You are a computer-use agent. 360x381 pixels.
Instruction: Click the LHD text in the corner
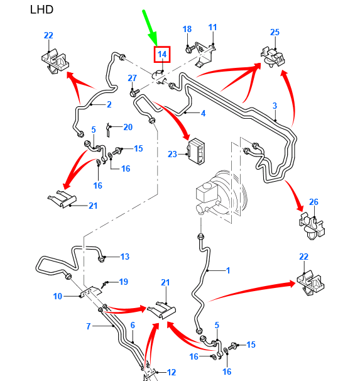point(41,9)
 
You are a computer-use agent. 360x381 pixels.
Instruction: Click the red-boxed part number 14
point(162,54)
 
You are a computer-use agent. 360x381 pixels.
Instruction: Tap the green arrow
point(151,28)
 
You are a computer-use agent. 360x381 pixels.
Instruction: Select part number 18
point(187,29)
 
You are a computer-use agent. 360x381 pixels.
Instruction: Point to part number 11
point(212,27)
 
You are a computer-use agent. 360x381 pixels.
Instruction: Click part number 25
point(275,32)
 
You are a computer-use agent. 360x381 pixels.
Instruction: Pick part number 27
point(133,78)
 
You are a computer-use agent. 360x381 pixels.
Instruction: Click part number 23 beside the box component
point(172,154)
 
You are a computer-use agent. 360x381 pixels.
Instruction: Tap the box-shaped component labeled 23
point(196,152)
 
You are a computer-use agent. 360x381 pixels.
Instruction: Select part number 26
point(314,202)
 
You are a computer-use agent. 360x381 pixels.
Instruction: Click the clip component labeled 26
point(312,226)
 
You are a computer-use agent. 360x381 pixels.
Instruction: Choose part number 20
point(128,127)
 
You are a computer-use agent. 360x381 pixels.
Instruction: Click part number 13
point(125,257)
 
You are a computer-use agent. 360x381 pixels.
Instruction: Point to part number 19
point(124,282)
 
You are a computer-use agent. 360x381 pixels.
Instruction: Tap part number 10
point(58,296)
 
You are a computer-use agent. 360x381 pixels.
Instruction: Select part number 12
point(172,372)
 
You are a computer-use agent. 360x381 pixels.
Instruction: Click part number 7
point(89,326)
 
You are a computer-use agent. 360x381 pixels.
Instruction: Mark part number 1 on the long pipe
point(228,270)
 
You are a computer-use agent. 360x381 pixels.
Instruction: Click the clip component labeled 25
point(273,57)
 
